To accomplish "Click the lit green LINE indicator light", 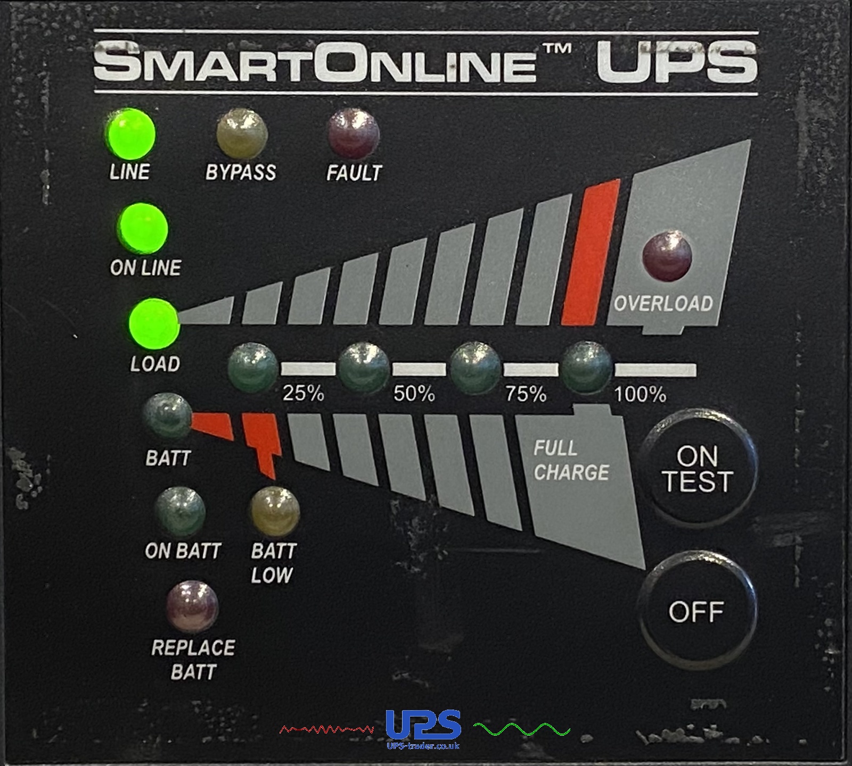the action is [x=131, y=134].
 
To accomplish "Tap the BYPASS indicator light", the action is [x=242, y=134].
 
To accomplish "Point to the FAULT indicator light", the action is [x=354, y=134].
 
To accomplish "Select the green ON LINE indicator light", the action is [x=143, y=230].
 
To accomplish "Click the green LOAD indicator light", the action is [x=154, y=323].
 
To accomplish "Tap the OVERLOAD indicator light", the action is [x=667, y=256].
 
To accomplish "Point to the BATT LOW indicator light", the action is [x=275, y=512].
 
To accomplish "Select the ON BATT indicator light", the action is [x=180, y=512].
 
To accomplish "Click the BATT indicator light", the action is [x=167, y=418].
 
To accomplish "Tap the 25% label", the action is [x=304, y=394].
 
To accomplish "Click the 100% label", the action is [x=640, y=395].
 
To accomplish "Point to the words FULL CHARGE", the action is [x=571, y=461].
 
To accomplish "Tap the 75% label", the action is [x=526, y=394].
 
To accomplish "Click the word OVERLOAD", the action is [x=663, y=304].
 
